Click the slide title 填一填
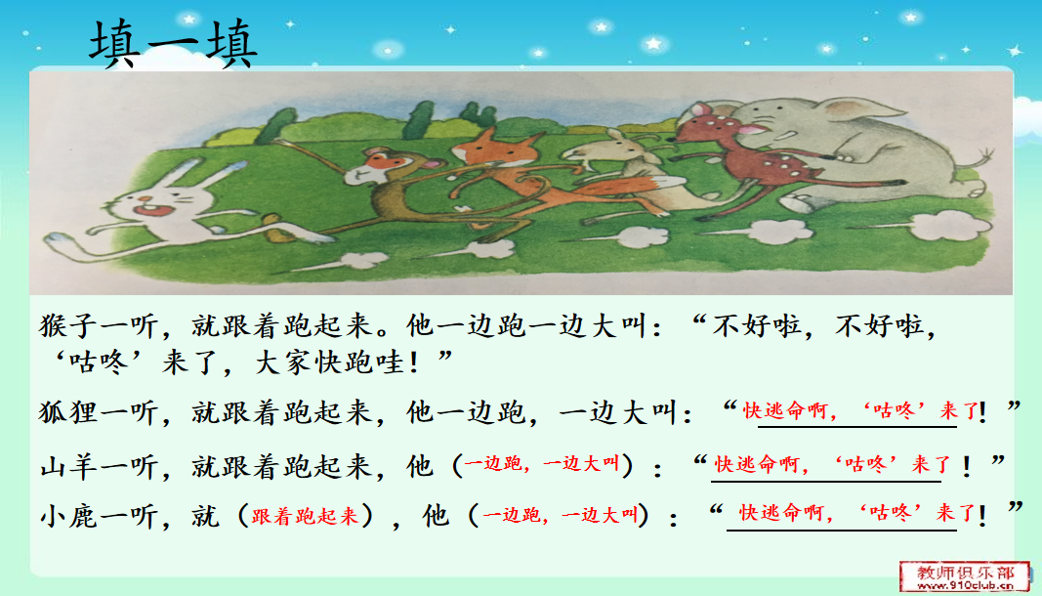coord(173,44)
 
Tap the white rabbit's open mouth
coord(146,211)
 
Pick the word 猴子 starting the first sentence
coord(69,326)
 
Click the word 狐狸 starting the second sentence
coord(69,412)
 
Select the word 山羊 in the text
coord(69,466)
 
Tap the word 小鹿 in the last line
coord(69,517)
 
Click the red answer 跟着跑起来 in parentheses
coord(305,516)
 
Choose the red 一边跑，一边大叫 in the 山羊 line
coord(542,464)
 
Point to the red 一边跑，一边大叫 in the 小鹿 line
coord(561,515)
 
